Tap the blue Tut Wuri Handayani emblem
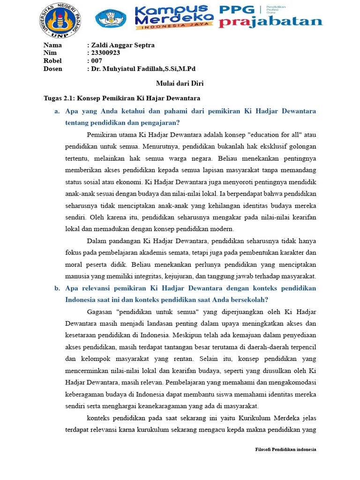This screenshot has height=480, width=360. pos(111,19)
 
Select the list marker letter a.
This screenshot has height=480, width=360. pos(57,112)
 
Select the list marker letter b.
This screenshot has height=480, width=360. pos(57,288)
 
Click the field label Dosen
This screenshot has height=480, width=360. pos(53,69)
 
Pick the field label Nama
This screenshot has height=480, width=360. pos(52,45)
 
